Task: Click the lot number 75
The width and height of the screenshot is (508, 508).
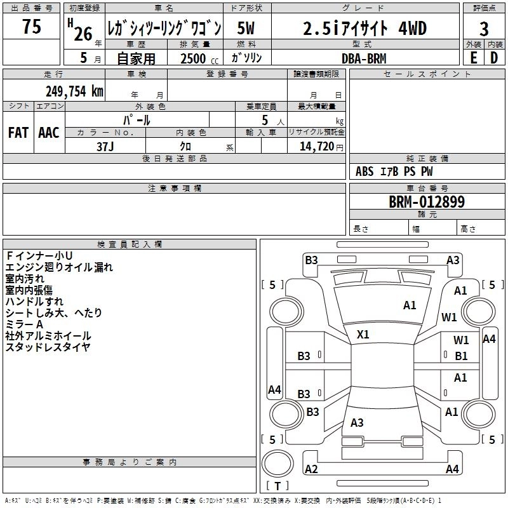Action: [31, 27]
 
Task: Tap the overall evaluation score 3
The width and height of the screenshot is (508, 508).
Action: [484, 29]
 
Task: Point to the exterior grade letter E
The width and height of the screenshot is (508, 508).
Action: [473, 58]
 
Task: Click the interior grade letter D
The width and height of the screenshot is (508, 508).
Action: [494, 58]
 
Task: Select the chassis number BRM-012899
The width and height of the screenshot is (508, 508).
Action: [427, 203]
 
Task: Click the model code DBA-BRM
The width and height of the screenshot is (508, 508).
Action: [363, 58]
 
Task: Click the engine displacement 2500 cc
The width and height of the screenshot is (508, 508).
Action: [197, 58]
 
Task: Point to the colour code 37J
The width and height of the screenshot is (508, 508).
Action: [105, 145]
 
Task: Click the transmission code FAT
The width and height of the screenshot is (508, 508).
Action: [18, 132]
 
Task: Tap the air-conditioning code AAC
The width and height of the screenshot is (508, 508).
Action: [49, 132]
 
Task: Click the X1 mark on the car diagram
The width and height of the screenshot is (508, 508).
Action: [363, 334]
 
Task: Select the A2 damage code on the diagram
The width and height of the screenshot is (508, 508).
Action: [311, 469]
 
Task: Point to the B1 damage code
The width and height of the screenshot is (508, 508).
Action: [461, 356]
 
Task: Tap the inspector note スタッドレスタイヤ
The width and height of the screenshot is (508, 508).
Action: [48, 347]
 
